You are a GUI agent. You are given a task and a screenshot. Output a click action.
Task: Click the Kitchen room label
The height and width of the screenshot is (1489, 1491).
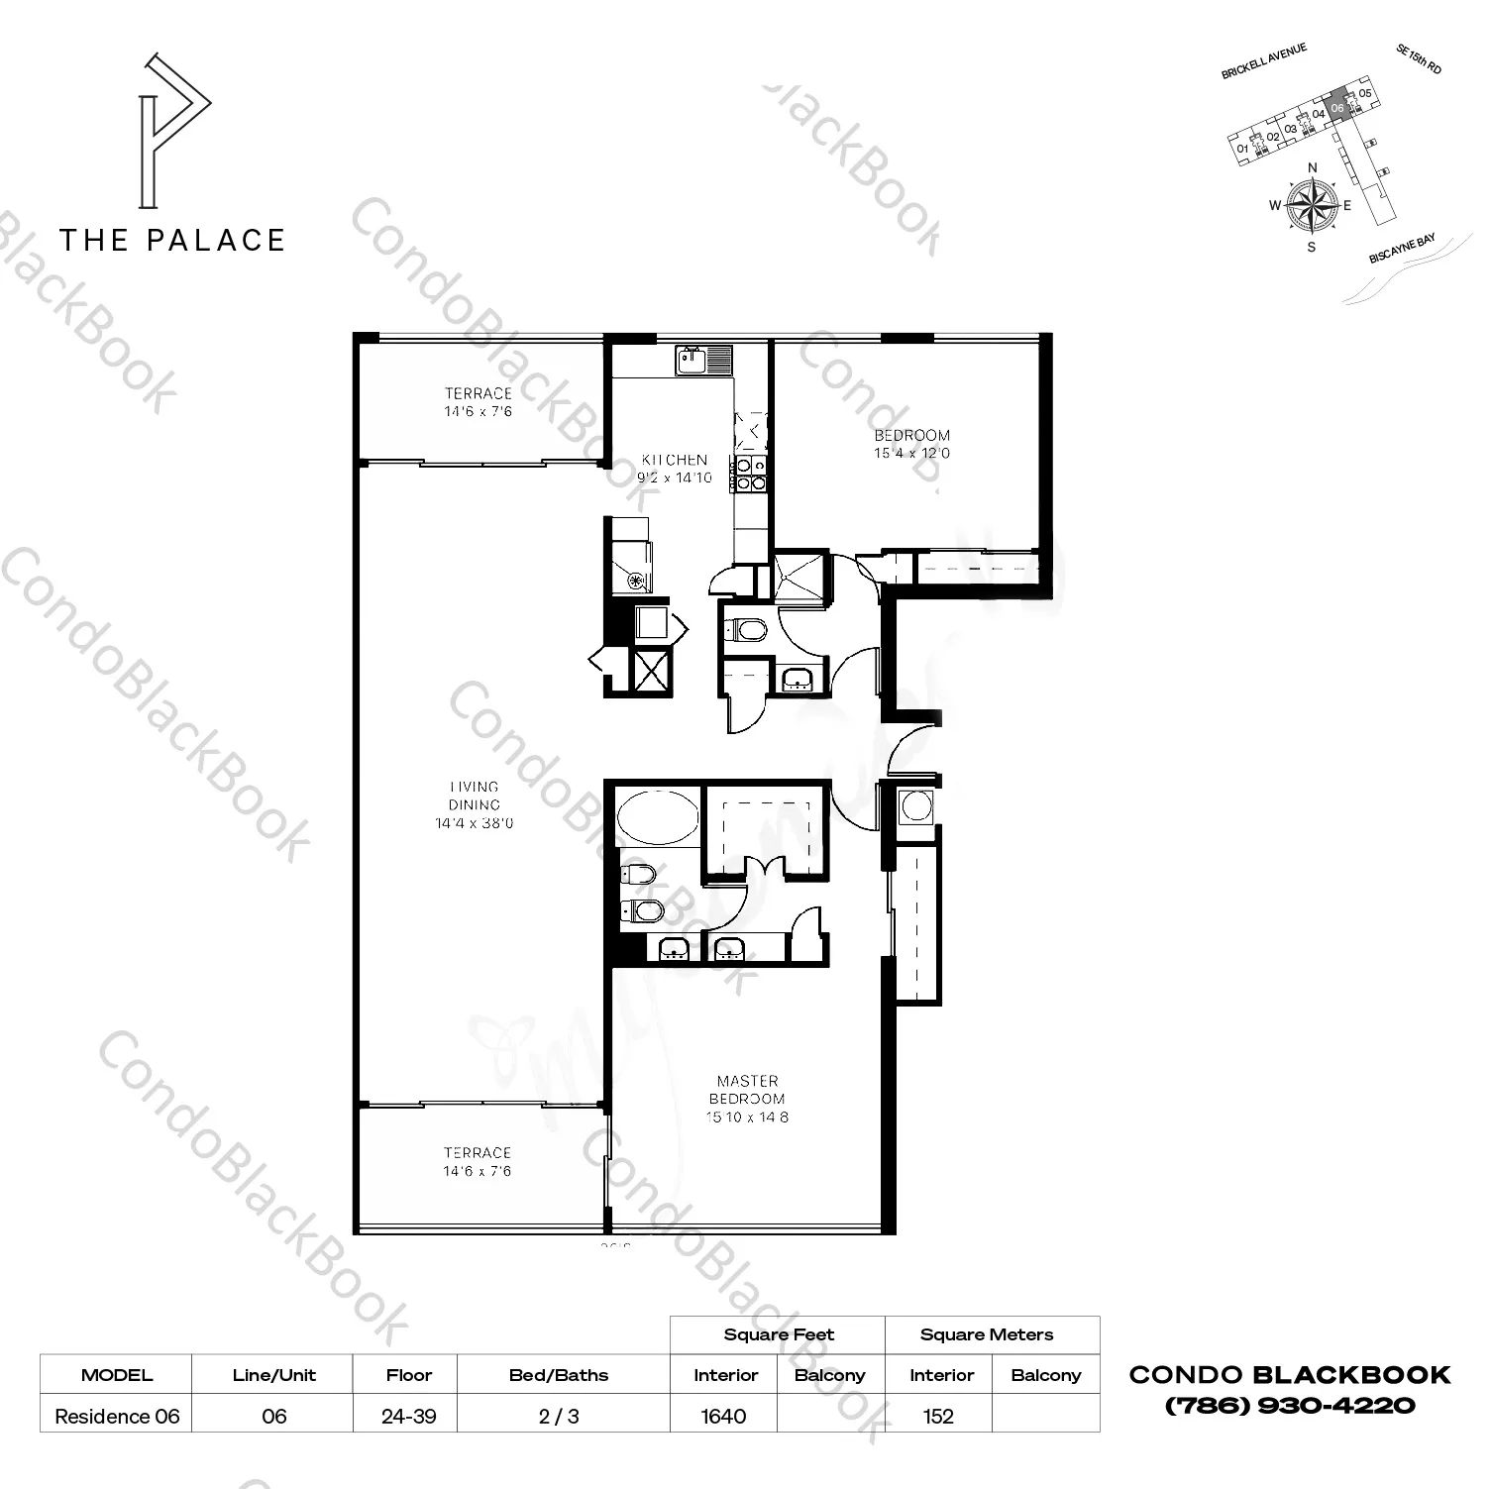674,469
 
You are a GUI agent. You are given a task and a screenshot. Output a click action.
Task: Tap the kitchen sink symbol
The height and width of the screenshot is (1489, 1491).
703,360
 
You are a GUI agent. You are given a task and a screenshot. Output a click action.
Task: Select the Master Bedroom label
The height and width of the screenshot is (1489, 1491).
748,1099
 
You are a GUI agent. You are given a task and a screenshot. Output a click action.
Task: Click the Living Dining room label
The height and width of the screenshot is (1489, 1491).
474,804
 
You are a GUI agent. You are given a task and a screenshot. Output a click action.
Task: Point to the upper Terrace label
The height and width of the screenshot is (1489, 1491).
478,402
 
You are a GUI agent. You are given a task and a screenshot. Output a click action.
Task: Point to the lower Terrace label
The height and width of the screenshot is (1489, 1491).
478,1162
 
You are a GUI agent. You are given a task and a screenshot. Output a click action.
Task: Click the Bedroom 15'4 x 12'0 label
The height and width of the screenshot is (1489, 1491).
911,444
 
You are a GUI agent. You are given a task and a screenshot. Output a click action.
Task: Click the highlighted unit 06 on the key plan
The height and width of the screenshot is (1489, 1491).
1336,107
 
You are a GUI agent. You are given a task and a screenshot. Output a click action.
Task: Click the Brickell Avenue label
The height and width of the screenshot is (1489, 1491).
1264,61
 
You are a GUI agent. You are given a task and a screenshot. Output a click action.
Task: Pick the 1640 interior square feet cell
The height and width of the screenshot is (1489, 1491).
723,1416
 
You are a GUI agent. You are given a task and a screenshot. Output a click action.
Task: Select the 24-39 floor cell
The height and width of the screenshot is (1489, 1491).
408,1416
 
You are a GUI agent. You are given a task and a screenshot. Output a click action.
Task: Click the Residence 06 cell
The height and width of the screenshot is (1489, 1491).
117,1416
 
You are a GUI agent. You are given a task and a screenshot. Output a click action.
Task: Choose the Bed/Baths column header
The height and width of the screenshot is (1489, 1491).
559,1375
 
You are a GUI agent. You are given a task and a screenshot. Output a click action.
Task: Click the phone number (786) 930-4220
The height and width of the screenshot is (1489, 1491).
1290,1405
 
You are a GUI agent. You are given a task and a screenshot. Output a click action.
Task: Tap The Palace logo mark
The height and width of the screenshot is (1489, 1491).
174,131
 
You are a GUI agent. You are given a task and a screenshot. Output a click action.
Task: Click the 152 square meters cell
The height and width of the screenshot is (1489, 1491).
938,1416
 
